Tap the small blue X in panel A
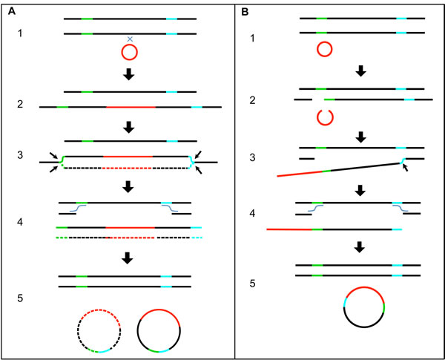pyautogui.click(x=130, y=39)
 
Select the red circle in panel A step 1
pyautogui.click(x=130, y=52)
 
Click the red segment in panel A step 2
pyautogui.click(x=131, y=107)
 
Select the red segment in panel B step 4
pyautogui.click(x=289, y=229)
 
